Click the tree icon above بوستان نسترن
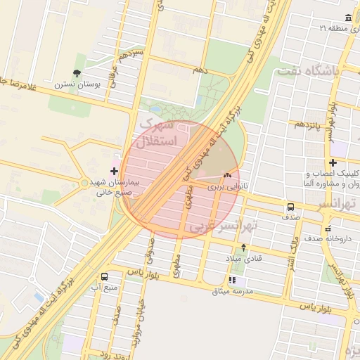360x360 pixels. [x=77, y=73]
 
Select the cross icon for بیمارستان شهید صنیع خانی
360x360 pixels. [x=115, y=170]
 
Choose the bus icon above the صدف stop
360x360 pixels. [x=290, y=207]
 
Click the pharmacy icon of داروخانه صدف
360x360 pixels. [x=328, y=229]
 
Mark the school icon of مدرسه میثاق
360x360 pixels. [x=233, y=281]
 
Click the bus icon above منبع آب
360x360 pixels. [x=105, y=276]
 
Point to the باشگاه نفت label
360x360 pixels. [x=308, y=71]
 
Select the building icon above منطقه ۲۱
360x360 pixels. [x=349, y=18]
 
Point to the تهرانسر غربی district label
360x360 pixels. [x=226, y=226]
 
